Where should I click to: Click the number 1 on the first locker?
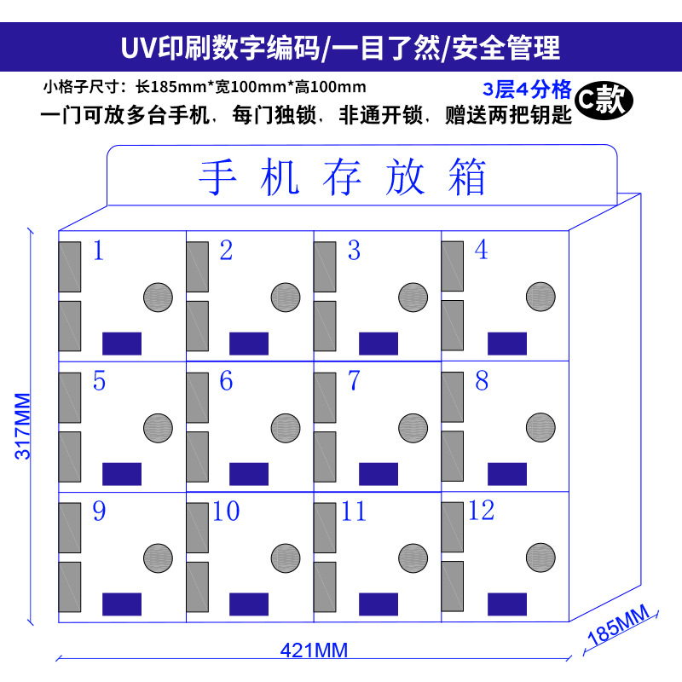tap(98, 251)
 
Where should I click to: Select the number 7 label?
tap(354, 381)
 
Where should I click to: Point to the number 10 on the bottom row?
tap(226, 511)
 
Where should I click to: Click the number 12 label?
tap(481, 511)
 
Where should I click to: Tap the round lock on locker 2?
tap(286, 298)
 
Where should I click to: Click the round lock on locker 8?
tap(540, 428)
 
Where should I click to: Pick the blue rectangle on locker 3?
tap(378, 344)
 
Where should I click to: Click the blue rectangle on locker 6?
tap(249, 474)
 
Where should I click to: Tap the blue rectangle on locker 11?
tap(378, 604)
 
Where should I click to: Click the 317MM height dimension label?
tap(24, 425)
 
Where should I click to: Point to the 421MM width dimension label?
tap(314, 650)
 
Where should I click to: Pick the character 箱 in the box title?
tap(465, 178)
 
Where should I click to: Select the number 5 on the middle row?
tap(99, 381)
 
